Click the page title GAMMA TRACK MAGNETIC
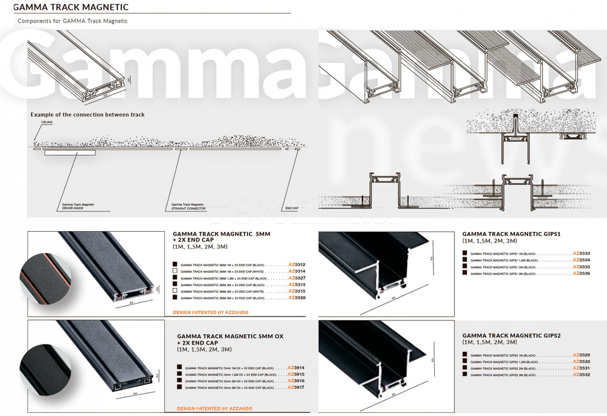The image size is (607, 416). [x=71, y=7]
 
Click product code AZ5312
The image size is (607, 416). [x=297, y=265]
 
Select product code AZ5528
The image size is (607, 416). [x=297, y=298]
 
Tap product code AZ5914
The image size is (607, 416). [x=296, y=368]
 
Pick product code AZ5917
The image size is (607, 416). [x=296, y=387]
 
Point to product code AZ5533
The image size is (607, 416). [x=581, y=253]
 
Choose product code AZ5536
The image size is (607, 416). [x=581, y=273]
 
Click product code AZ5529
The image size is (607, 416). [x=581, y=355]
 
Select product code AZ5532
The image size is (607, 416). [x=581, y=375]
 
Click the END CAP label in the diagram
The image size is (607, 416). [x=292, y=208]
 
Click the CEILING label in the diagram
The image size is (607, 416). [x=47, y=122]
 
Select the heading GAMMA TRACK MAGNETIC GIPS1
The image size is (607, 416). [x=511, y=234]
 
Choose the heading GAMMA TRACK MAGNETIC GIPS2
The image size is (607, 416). [x=511, y=336]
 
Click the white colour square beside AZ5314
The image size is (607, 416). [x=175, y=271]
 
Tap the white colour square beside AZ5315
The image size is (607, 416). [x=175, y=291]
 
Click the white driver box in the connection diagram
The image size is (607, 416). [x=70, y=153]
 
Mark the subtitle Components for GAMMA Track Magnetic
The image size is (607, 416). [x=73, y=21]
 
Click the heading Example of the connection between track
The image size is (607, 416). [x=88, y=114]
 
